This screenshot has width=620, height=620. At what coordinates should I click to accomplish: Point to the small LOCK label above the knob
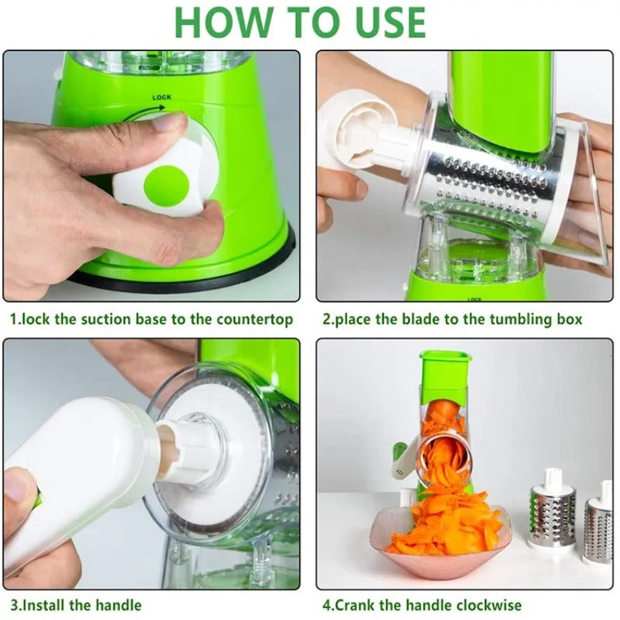coord(162,98)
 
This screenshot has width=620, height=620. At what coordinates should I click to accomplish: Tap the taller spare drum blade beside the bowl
coord(552,511)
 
